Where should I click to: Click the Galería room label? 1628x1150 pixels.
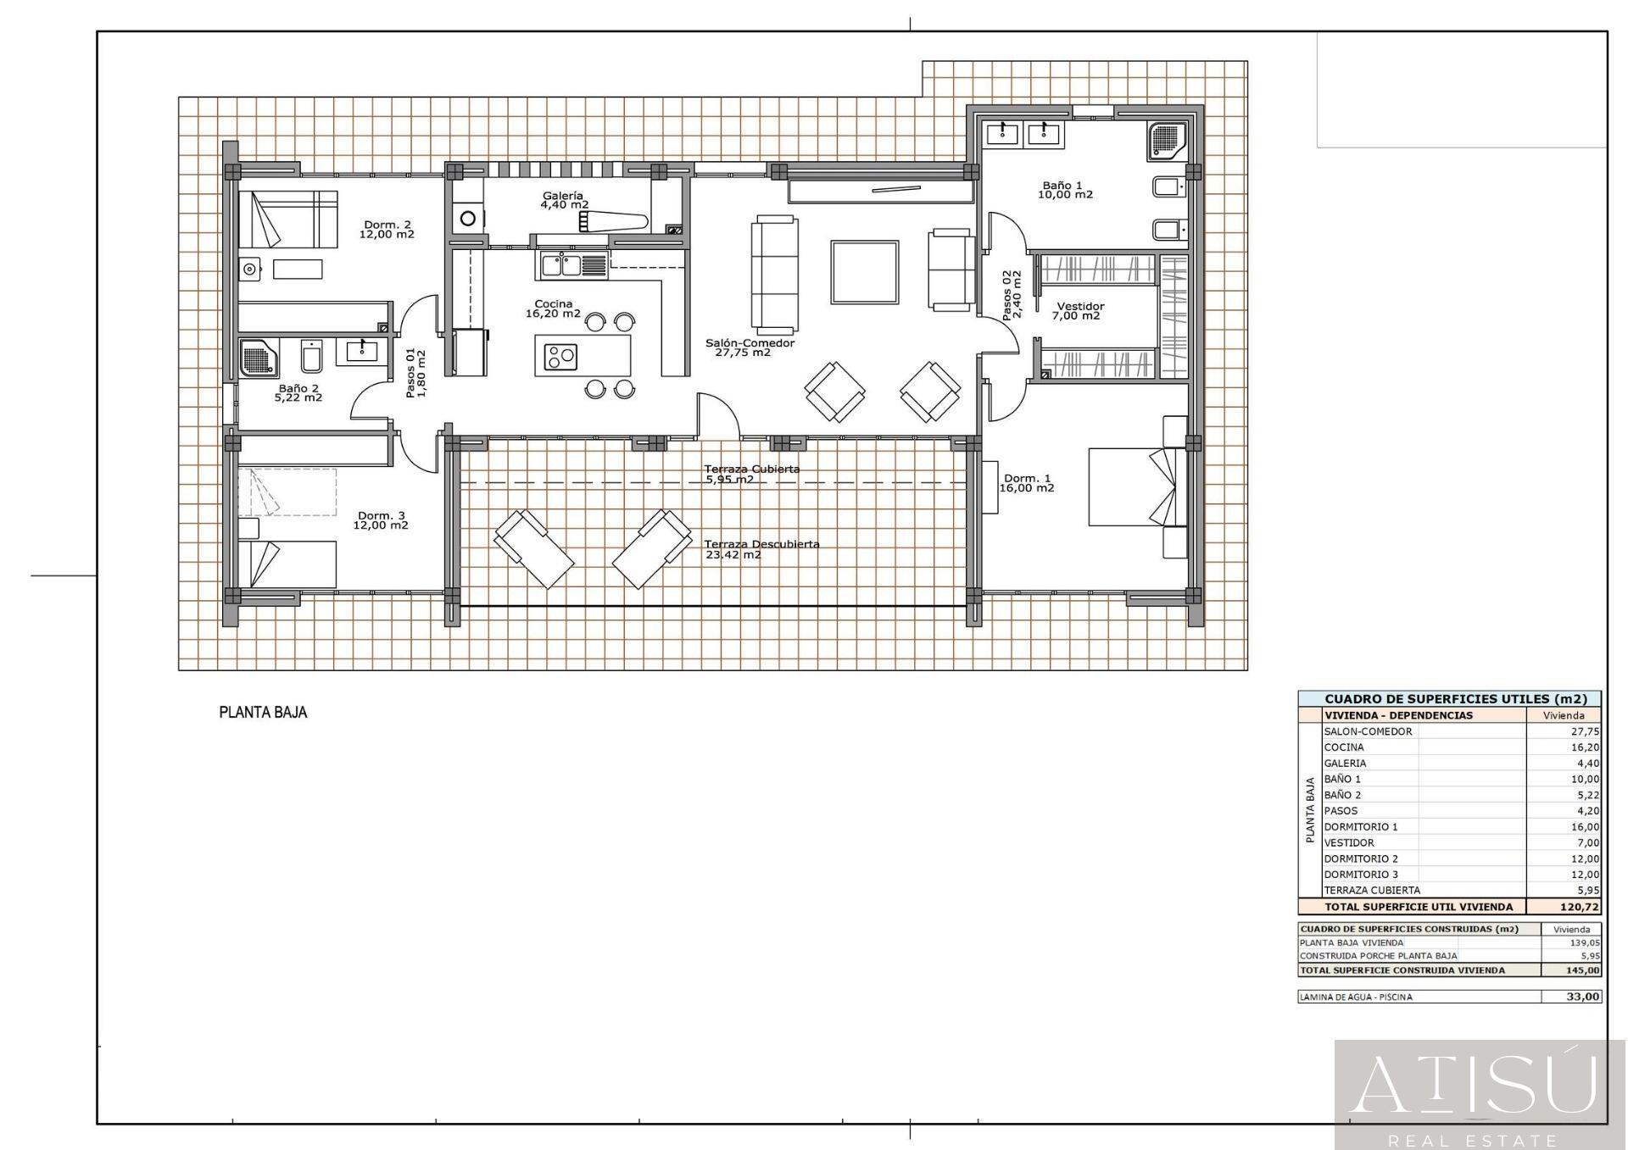click(563, 196)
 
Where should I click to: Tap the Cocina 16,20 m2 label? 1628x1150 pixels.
click(553, 308)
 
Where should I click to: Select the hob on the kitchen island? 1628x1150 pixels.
click(560, 356)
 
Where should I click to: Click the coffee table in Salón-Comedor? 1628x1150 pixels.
click(865, 272)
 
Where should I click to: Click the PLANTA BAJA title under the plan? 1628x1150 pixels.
click(263, 713)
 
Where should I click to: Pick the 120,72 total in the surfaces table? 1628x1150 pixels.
click(1583, 907)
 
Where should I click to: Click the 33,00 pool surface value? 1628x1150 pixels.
click(1583, 997)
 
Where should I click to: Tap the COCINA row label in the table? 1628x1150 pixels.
click(1344, 747)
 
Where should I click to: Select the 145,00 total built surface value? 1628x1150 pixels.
click(1583, 970)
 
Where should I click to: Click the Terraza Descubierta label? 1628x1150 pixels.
click(762, 544)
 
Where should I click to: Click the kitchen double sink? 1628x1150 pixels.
click(560, 265)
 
